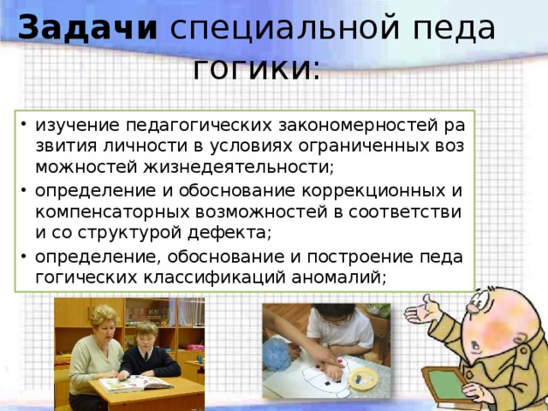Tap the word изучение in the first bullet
click(x=71, y=126)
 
